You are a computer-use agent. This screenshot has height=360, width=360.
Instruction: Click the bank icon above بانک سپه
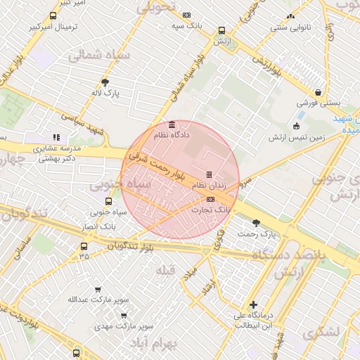pyautogui.click(x=186, y=15)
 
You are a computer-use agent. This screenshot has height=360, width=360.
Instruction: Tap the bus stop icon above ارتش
pyautogui.click(x=222, y=31)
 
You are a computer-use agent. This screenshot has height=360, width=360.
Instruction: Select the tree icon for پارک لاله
pyautogui.click(x=105, y=82)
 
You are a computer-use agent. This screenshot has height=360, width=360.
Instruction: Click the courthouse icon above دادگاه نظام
pyautogui.click(x=172, y=124)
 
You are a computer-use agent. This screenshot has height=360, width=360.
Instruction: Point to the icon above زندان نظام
pyautogui.click(x=209, y=174)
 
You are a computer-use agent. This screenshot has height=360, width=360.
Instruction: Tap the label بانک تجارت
pyautogui.click(x=213, y=210)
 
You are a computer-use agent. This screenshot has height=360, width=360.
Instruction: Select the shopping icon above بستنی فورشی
pyautogui.click(x=319, y=91)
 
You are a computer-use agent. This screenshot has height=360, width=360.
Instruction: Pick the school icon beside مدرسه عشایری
pyautogui.click(x=56, y=138)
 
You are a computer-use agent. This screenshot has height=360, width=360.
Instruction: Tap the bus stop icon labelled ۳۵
pyautogui.click(x=84, y=246)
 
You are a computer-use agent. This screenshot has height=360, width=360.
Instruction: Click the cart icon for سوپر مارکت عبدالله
pyautogui.click(x=98, y=289)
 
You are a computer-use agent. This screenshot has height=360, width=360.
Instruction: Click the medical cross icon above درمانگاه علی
pyautogui.click(x=254, y=304)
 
